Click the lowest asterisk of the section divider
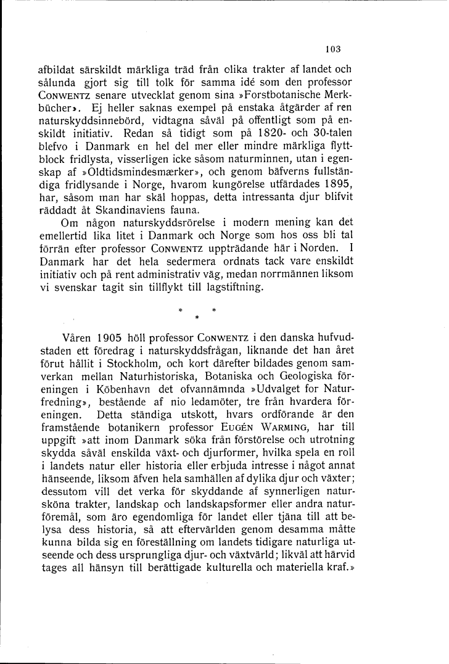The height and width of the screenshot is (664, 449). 195,318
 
